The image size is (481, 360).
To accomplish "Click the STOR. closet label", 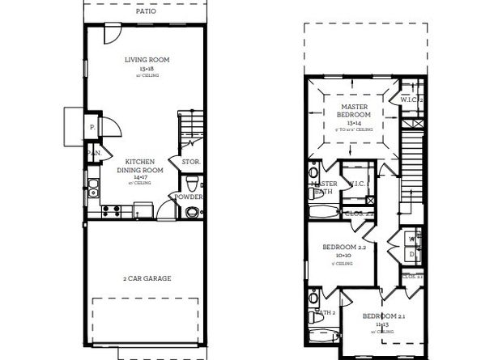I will (190, 162).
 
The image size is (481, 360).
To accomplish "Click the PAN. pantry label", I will (95, 153).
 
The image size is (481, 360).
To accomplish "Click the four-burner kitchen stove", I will (113, 211).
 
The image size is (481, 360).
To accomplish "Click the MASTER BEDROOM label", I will (354, 111).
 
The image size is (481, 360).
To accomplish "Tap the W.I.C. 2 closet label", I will (412, 100).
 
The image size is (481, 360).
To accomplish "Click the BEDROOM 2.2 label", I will (346, 246).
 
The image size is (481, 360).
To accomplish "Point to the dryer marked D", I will (412, 255).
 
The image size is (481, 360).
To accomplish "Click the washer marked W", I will (412, 239).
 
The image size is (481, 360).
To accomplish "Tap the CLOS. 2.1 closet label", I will (412, 276).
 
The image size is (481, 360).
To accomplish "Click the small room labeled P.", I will (92, 127).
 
